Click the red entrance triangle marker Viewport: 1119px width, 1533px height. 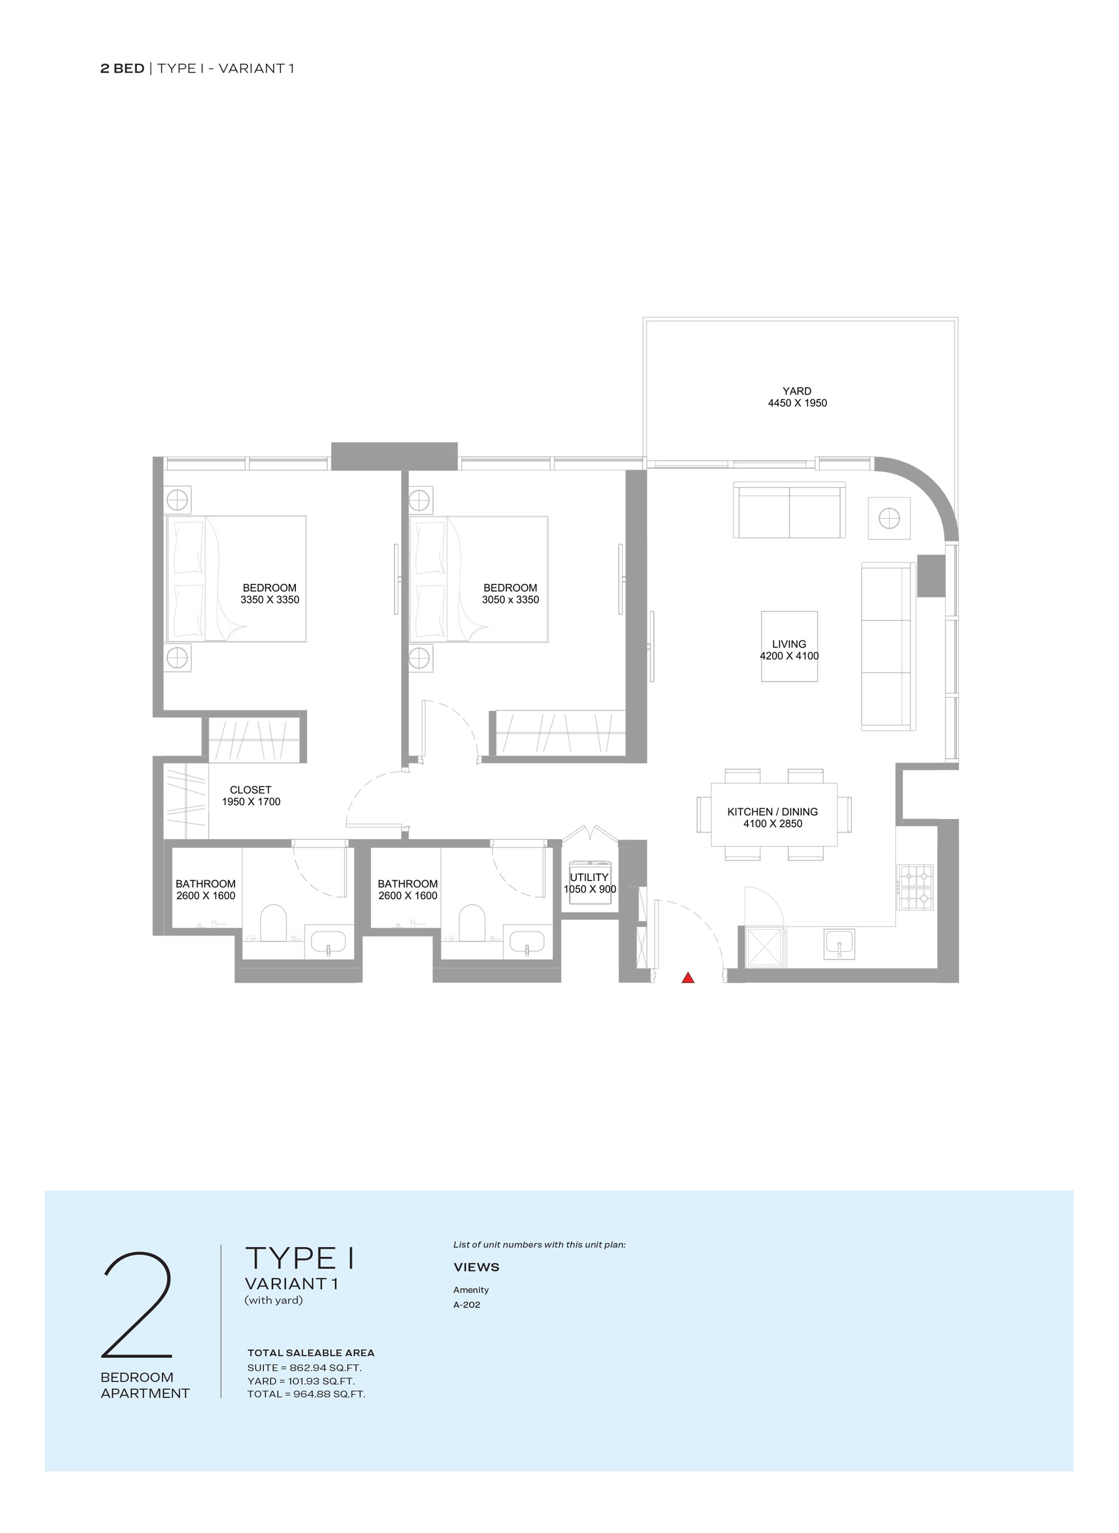[688, 977]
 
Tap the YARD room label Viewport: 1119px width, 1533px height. [797, 391]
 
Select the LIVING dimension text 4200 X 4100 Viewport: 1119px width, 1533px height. [789, 656]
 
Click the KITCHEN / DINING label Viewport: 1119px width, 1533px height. [772, 812]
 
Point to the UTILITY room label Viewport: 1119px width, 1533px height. [589, 877]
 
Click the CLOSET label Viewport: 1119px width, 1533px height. [251, 790]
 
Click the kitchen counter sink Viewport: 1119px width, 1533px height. [839, 944]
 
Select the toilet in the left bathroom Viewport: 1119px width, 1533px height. [274, 923]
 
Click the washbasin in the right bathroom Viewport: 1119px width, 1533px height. [527, 942]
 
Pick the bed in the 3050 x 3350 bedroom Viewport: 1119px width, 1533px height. [479, 579]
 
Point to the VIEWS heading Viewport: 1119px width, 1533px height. [476, 1267]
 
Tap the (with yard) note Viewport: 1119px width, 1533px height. [274, 1300]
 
